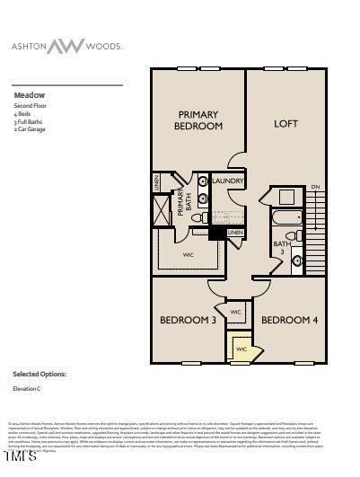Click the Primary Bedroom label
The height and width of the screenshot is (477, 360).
tap(198, 120)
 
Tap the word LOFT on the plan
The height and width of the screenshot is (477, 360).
tap(285, 124)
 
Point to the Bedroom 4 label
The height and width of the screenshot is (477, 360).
tap(289, 320)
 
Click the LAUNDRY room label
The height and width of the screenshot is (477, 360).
tap(228, 181)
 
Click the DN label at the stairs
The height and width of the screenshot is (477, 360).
tap(315, 187)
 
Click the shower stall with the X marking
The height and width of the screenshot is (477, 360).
tap(161, 208)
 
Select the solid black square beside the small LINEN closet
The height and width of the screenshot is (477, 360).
tap(216, 234)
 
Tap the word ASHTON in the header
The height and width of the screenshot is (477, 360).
tap(29, 45)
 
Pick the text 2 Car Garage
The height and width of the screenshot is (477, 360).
tap(30, 129)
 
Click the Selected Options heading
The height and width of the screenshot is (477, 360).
tap(39, 373)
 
